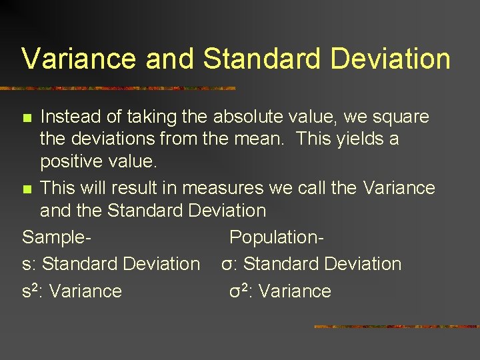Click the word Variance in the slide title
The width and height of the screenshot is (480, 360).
(x=80, y=59)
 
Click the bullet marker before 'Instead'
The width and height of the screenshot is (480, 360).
(x=27, y=118)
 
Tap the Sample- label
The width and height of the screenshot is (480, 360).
(x=56, y=238)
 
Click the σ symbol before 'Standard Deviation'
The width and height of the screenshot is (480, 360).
(x=227, y=265)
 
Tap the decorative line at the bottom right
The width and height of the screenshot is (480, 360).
(x=396, y=327)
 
